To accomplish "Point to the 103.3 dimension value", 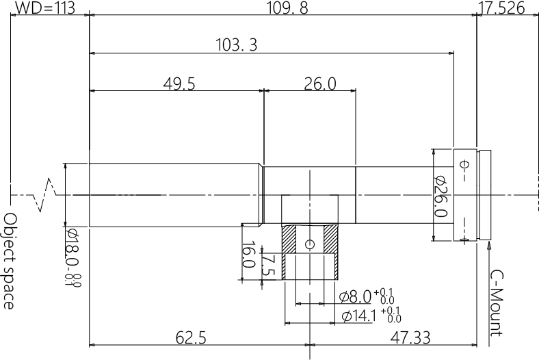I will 236,45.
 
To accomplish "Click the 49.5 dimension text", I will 179,83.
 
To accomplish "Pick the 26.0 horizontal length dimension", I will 319,83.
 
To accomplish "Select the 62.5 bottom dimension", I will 192,337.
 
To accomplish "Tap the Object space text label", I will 10,260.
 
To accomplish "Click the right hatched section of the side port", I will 330,239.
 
